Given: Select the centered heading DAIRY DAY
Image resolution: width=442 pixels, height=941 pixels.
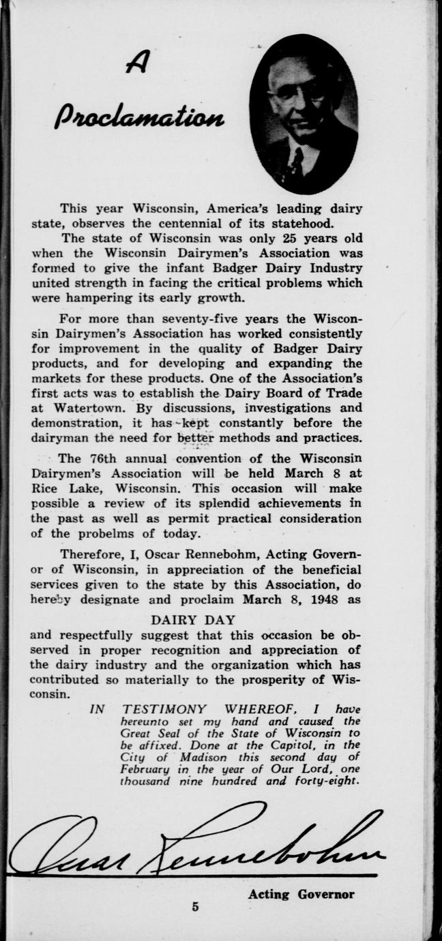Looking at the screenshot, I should click(193, 620).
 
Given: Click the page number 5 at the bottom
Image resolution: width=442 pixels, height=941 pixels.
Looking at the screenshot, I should click(196, 906).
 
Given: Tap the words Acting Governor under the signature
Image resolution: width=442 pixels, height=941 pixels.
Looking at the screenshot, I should click(301, 894).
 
